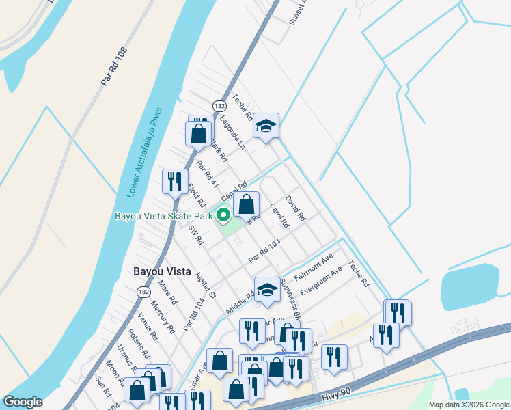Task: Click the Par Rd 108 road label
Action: (114, 67)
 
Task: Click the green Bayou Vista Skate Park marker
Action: (223, 217)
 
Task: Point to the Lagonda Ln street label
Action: (232, 132)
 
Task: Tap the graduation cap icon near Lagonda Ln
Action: (266, 126)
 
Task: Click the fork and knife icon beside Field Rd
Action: (174, 181)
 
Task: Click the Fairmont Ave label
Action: (313, 267)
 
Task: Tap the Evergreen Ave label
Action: (321, 280)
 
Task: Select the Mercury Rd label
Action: (163, 317)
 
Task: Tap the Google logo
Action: (23, 402)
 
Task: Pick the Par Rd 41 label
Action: (207, 175)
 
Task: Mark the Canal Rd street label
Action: (233, 192)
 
